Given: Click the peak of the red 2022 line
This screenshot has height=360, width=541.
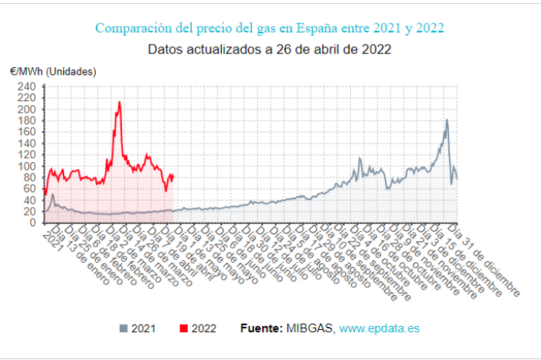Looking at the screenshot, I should (x=119, y=102).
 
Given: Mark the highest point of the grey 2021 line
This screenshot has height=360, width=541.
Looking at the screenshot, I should (x=447, y=120).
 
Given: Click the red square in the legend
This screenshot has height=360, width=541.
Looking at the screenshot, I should (x=183, y=328).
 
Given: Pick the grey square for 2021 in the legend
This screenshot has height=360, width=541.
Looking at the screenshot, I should (x=124, y=328).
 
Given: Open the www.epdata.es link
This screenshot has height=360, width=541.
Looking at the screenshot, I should (x=379, y=328).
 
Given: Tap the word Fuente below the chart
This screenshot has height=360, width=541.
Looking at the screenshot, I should (x=261, y=328).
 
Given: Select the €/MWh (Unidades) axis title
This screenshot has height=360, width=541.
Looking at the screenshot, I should (x=53, y=71).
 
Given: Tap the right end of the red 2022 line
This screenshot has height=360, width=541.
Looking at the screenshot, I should (x=173, y=176).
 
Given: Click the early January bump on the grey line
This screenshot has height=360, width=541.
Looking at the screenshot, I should (x=53, y=195).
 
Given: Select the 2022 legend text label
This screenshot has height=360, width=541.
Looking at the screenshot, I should (x=205, y=328).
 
